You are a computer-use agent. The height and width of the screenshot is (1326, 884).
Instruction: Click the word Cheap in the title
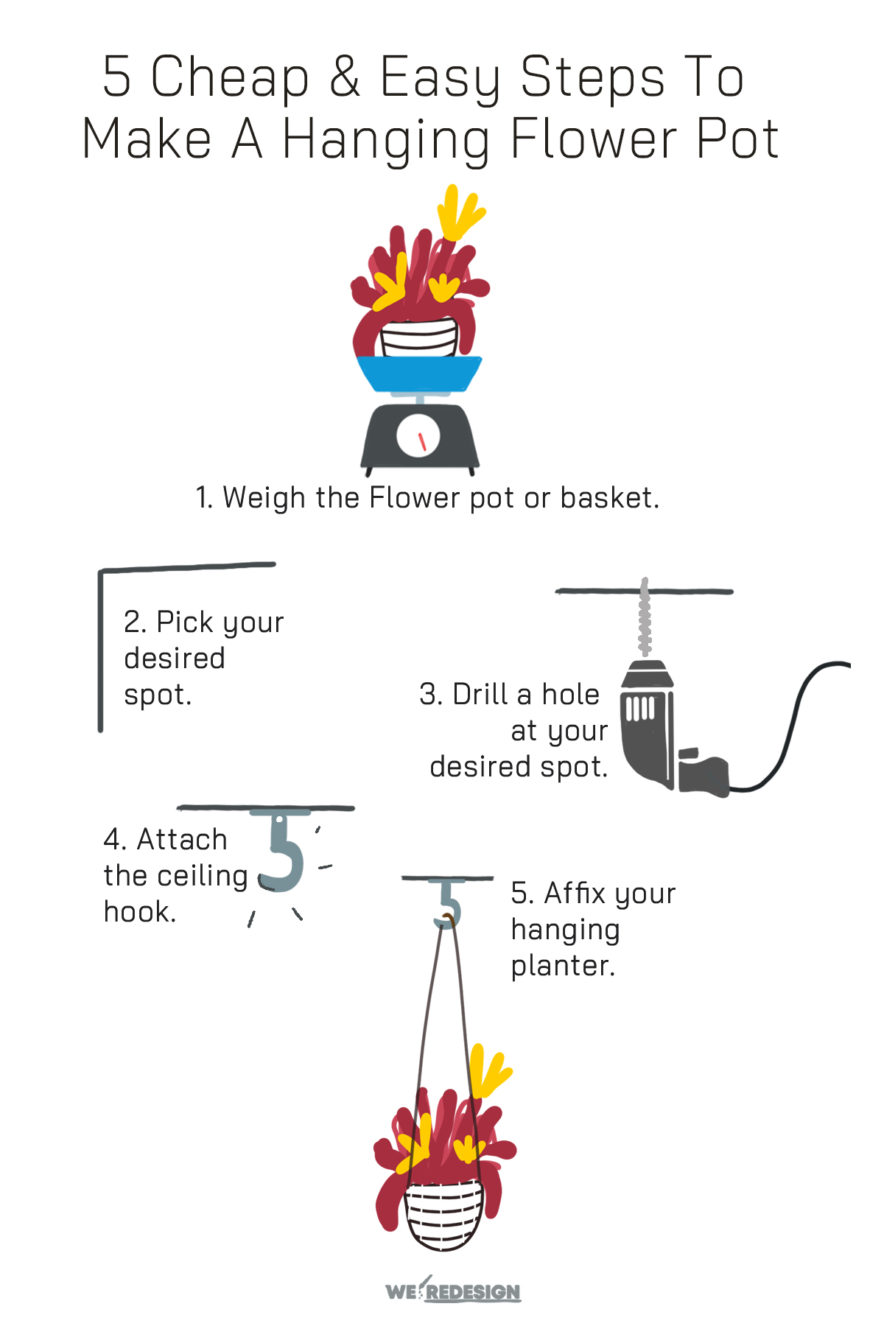[x=230, y=77]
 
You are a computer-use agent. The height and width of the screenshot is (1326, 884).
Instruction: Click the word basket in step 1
[x=608, y=498]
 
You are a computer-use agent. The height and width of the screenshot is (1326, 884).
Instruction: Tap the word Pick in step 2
[x=185, y=622]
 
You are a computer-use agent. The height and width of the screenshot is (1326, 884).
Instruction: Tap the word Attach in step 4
[x=181, y=840]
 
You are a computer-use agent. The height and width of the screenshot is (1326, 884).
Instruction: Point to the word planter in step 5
[x=563, y=966]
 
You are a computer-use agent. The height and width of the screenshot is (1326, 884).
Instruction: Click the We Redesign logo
[x=452, y=1291]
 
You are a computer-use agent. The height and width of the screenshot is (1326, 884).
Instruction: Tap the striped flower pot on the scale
[x=418, y=338]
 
